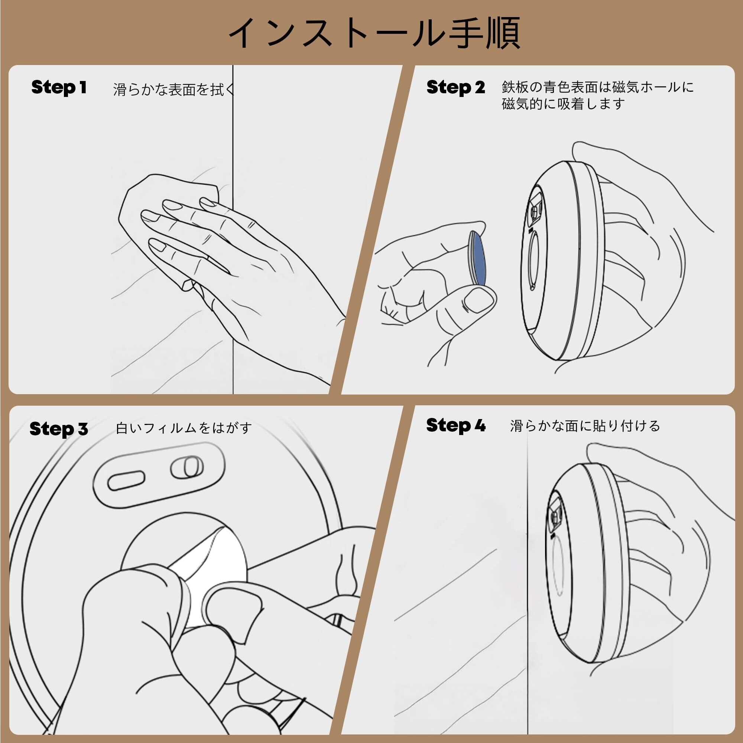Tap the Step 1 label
[59, 87]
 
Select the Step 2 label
[456, 87]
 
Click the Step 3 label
[59, 429]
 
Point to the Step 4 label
[456, 425]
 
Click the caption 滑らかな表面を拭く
[174, 89]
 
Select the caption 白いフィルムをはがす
[184, 428]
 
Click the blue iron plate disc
[477, 258]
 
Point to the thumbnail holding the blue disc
[477, 300]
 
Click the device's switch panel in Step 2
[536, 210]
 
